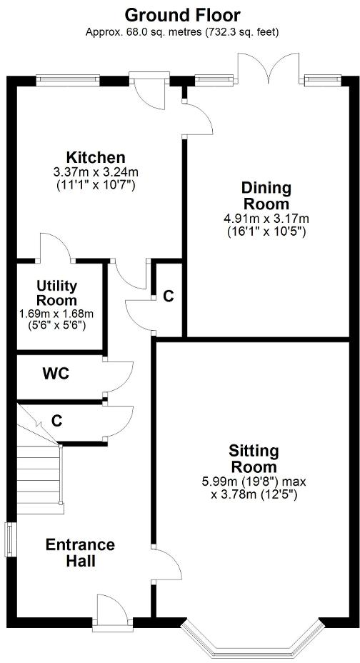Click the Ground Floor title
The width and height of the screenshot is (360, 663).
click(182, 14)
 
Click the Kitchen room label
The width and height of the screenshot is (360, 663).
click(96, 157)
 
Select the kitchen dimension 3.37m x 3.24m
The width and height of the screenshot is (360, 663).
click(96, 171)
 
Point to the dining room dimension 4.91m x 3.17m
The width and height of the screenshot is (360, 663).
click(266, 219)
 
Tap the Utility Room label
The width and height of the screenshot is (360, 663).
click(57, 293)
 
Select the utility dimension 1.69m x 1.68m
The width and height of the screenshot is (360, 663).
click(57, 313)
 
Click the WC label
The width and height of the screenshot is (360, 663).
click(55, 374)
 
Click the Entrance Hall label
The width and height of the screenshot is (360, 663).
click(80, 553)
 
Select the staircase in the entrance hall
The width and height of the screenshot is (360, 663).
click(38, 472)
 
